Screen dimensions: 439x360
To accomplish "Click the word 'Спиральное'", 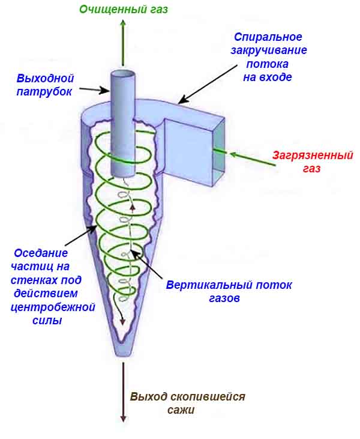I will (x=268, y=37).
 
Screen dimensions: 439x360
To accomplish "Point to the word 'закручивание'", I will (x=268, y=50).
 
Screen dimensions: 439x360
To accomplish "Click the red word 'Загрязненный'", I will (x=312, y=155).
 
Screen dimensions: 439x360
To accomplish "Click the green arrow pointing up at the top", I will (x=123, y=42).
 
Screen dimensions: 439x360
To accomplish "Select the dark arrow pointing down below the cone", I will (x=124, y=390).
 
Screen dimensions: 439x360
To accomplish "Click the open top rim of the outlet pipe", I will (x=123, y=74).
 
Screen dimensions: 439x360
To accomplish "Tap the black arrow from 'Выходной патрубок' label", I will (x=94, y=89).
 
